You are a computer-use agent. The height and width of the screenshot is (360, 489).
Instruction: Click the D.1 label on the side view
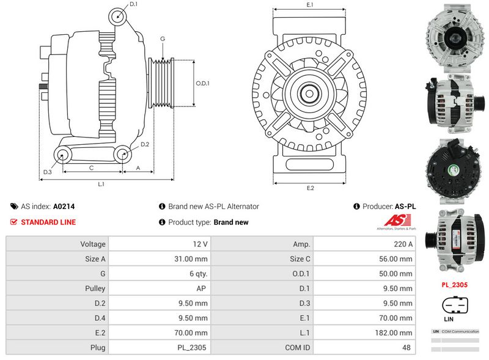[x=134, y=5]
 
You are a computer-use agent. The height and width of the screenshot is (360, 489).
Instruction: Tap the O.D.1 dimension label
[x=202, y=84]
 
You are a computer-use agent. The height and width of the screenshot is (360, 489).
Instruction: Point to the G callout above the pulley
[x=163, y=39]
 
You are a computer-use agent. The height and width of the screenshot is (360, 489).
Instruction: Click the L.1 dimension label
[x=101, y=184]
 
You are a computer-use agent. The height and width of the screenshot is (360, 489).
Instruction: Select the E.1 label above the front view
[x=310, y=5]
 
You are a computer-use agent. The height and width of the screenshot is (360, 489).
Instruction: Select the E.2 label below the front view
[x=310, y=188]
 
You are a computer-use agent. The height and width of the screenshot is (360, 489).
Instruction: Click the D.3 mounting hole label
[x=47, y=172]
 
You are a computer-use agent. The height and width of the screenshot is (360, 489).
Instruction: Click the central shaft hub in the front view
[x=310, y=95]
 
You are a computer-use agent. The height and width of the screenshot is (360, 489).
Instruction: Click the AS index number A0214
[x=64, y=207]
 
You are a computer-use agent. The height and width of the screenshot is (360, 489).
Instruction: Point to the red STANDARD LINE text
[x=48, y=222]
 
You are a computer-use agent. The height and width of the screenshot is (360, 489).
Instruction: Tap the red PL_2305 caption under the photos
[x=454, y=285]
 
